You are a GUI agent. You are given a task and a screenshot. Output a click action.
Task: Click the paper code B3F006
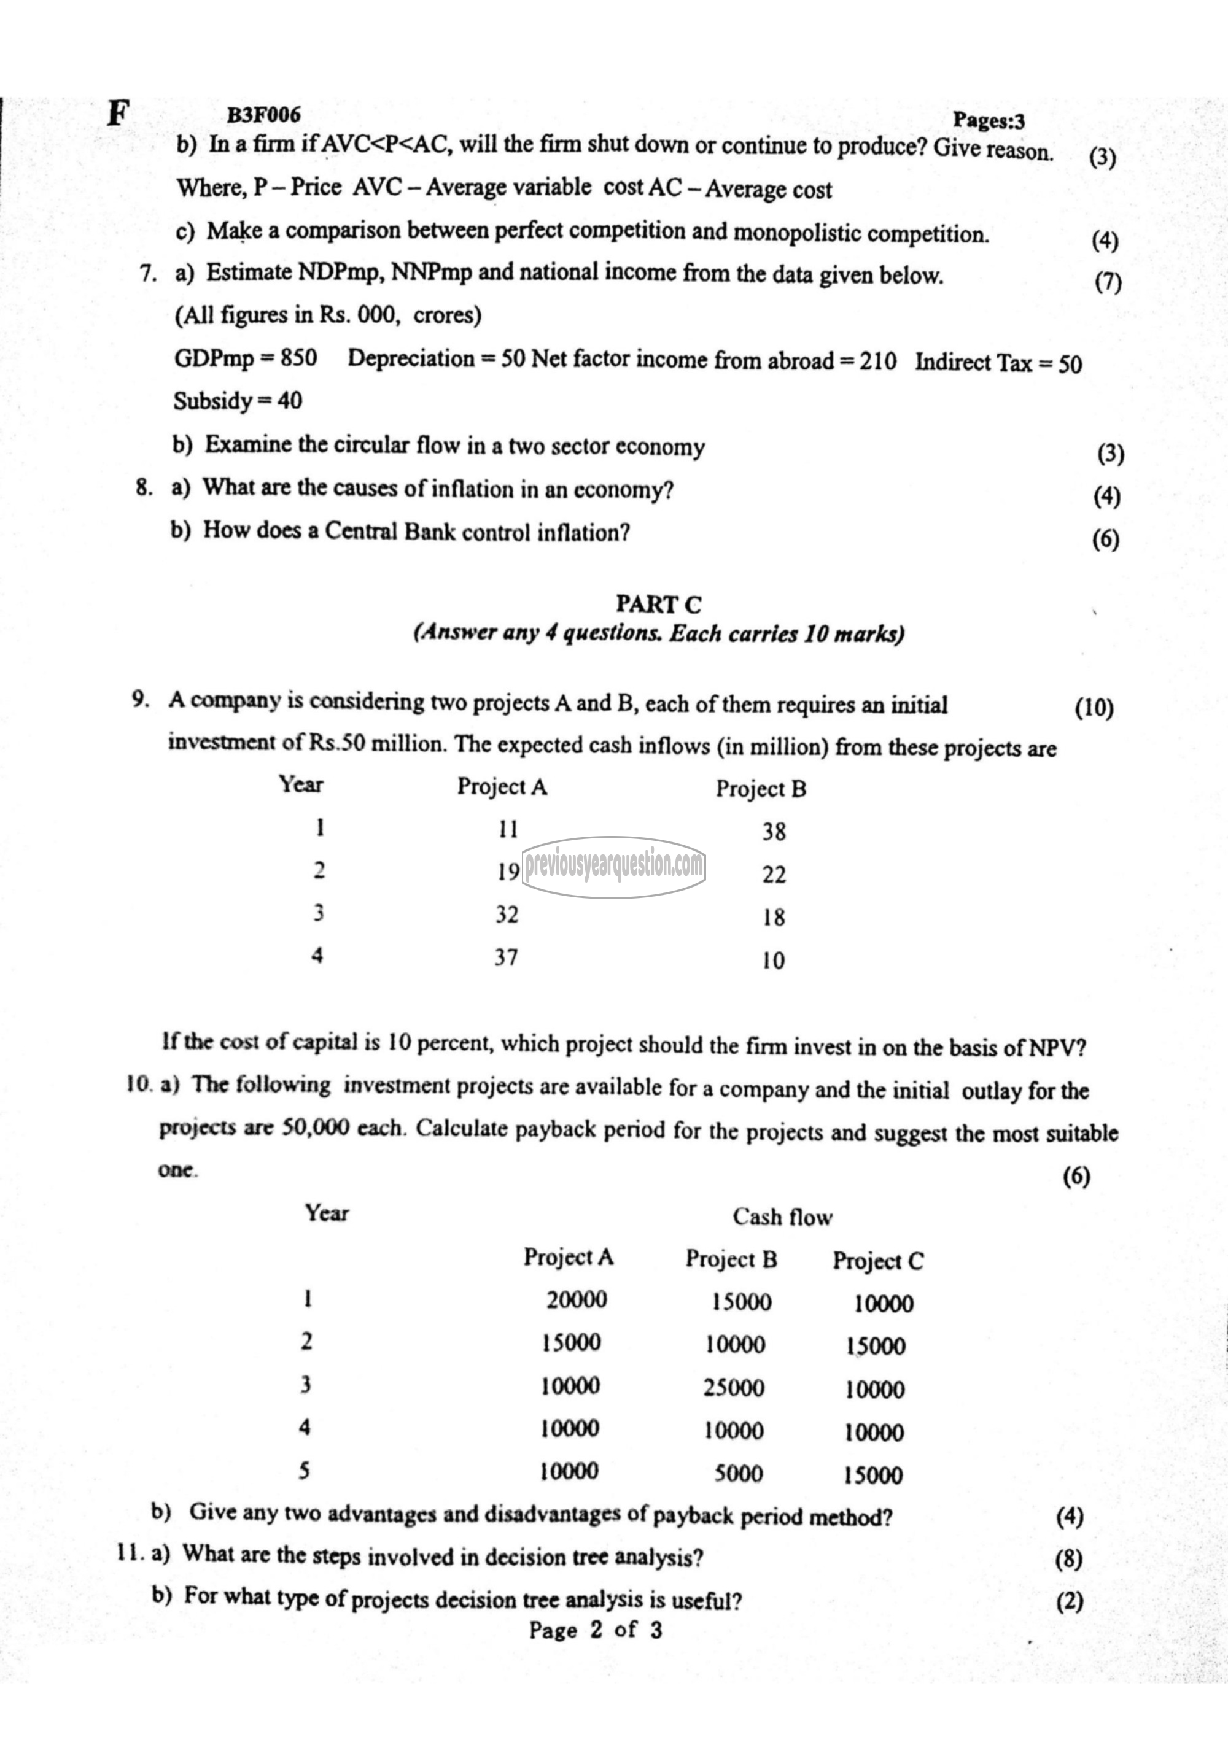(x=263, y=115)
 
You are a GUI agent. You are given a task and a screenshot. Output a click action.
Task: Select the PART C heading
(x=658, y=605)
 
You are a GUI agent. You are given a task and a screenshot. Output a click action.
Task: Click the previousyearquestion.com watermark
(x=613, y=865)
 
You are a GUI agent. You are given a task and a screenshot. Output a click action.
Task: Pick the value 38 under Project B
(x=774, y=832)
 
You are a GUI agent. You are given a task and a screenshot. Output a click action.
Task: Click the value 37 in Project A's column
(x=506, y=957)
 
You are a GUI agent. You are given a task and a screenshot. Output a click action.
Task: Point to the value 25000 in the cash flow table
(x=734, y=1388)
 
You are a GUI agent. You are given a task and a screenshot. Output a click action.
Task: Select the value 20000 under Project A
(x=577, y=1300)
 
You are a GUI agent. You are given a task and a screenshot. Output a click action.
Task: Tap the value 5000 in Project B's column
(x=739, y=1474)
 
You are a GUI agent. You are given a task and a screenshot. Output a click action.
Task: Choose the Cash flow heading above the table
(x=782, y=1217)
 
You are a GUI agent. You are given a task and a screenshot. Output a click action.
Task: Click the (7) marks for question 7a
(x=1108, y=282)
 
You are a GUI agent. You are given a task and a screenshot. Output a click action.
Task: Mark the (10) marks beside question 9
(x=1094, y=708)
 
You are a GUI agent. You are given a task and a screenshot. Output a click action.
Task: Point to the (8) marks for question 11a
(x=1068, y=1559)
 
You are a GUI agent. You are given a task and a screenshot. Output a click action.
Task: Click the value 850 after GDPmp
(x=299, y=357)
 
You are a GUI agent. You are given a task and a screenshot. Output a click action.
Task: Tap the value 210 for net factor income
(x=877, y=362)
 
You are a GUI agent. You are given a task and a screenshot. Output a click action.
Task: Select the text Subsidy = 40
(x=238, y=400)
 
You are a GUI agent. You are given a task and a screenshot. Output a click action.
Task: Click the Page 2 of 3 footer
(x=596, y=1630)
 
